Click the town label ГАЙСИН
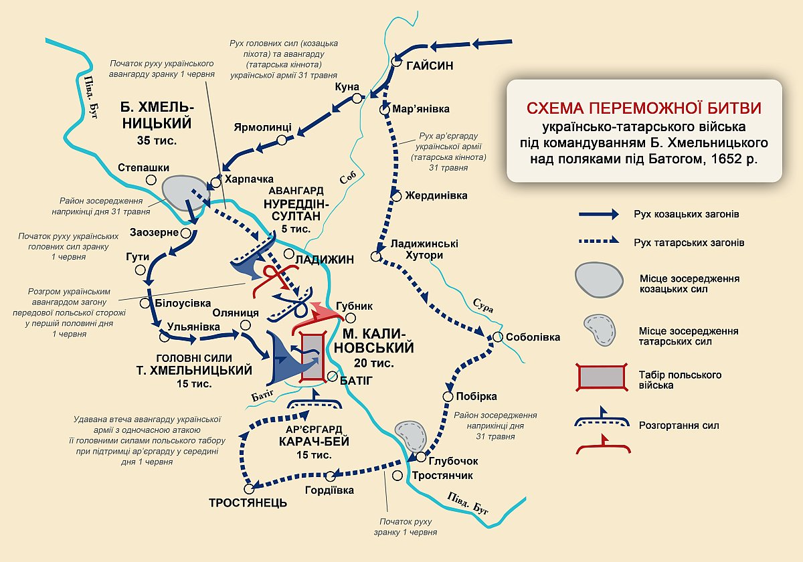430,66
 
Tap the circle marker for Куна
357,98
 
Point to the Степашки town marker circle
152,180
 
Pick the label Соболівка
533,337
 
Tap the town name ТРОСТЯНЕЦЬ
248,503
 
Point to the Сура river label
483,308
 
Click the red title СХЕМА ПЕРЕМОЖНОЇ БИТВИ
644,108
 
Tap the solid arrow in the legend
598,214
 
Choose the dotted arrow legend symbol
598,243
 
